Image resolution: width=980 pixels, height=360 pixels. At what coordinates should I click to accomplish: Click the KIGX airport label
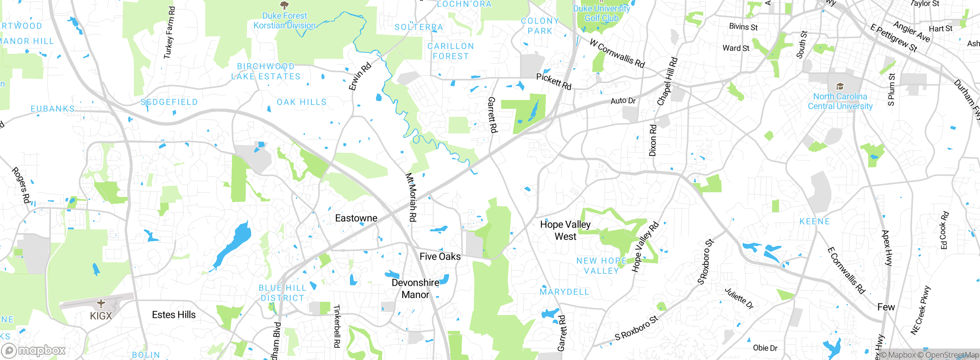point(101,316)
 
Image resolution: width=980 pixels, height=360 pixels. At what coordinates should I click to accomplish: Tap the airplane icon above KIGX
point(101,304)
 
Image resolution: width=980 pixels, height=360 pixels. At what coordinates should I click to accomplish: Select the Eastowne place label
point(356,218)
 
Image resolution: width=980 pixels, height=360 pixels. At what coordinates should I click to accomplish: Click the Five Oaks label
point(440,257)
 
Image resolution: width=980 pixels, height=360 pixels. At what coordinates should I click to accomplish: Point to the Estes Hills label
point(174,315)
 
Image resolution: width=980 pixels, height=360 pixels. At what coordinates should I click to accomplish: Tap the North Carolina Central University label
point(840,101)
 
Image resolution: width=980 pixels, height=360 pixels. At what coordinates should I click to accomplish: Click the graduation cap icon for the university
point(840,86)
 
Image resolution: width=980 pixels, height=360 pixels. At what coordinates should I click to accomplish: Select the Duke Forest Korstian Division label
point(284,21)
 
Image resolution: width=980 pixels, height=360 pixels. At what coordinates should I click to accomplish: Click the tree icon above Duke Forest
point(284,5)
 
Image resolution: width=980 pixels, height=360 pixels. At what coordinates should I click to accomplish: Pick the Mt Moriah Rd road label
point(411,197)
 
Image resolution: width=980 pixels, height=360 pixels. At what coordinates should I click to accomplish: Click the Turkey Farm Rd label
point(169,33)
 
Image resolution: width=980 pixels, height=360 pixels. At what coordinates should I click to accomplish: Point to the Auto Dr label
point(623,101)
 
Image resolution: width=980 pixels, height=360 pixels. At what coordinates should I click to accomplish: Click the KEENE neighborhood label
point(815,222)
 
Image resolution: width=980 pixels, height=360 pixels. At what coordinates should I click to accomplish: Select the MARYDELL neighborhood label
point(564,292)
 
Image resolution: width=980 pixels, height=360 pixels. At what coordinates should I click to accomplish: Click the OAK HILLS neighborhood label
point(302,102)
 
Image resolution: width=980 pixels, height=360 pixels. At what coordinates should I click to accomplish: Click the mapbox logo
point(34,350)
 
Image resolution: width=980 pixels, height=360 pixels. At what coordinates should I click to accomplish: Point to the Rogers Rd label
point(21,185)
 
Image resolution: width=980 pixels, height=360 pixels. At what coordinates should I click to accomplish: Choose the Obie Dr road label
point(765,348)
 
